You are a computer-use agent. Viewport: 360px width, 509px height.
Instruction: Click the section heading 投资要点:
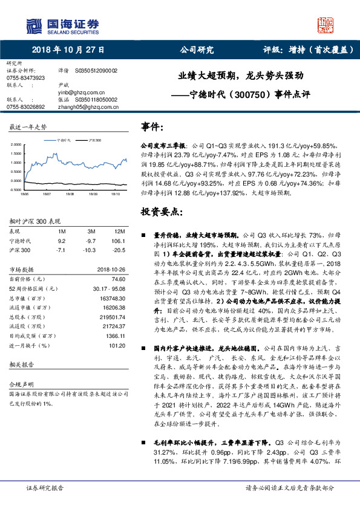[162, 212]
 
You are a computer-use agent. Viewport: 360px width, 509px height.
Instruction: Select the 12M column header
[119, 232]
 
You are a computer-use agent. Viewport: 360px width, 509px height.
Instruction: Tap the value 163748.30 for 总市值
[113, 298]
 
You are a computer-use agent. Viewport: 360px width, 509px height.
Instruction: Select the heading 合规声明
[20, 384]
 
